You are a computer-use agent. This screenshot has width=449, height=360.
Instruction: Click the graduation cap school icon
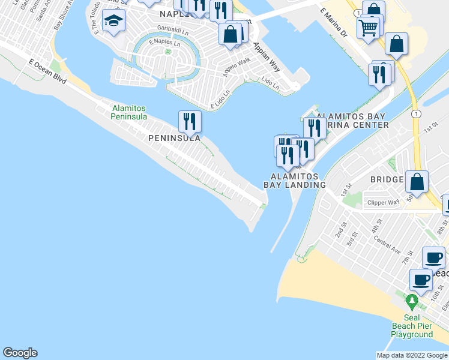(112, 23)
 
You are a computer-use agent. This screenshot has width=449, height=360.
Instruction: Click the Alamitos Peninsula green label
(129, 112)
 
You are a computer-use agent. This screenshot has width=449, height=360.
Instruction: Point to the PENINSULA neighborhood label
(173, 137)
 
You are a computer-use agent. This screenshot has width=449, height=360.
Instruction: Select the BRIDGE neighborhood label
(390, 179)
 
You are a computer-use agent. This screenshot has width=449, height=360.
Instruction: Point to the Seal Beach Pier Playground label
(412, 325)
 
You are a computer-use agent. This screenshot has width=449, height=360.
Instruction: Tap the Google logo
(20, 353)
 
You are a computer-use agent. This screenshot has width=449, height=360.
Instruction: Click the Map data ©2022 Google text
(412, 355)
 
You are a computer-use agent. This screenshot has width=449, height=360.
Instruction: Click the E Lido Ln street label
(220, 100)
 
